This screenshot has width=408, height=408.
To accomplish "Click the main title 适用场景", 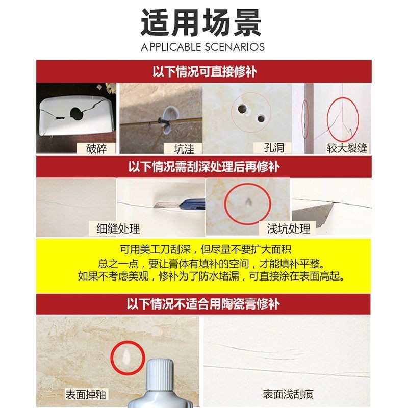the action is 201,22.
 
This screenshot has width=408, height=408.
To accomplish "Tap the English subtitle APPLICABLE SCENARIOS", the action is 202,47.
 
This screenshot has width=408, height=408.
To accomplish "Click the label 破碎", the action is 96,148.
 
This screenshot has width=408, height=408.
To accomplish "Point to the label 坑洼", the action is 184,149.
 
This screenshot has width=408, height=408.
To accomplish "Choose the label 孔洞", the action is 274,148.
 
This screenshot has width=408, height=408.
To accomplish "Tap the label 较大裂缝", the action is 347,148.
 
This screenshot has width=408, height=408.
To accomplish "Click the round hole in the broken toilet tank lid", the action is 77,113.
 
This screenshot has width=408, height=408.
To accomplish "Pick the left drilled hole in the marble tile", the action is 242,109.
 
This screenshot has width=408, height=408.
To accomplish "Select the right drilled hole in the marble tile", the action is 261,119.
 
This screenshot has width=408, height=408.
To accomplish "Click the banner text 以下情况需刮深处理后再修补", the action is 203,167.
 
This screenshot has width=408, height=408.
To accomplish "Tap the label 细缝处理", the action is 118,228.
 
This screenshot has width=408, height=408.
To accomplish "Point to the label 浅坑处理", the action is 288,228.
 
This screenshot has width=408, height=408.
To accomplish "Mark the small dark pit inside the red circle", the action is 247,201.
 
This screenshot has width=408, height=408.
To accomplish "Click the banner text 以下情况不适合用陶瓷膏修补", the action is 203,303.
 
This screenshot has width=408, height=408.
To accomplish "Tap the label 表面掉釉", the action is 85,394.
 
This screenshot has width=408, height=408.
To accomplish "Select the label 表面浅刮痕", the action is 288,394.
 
